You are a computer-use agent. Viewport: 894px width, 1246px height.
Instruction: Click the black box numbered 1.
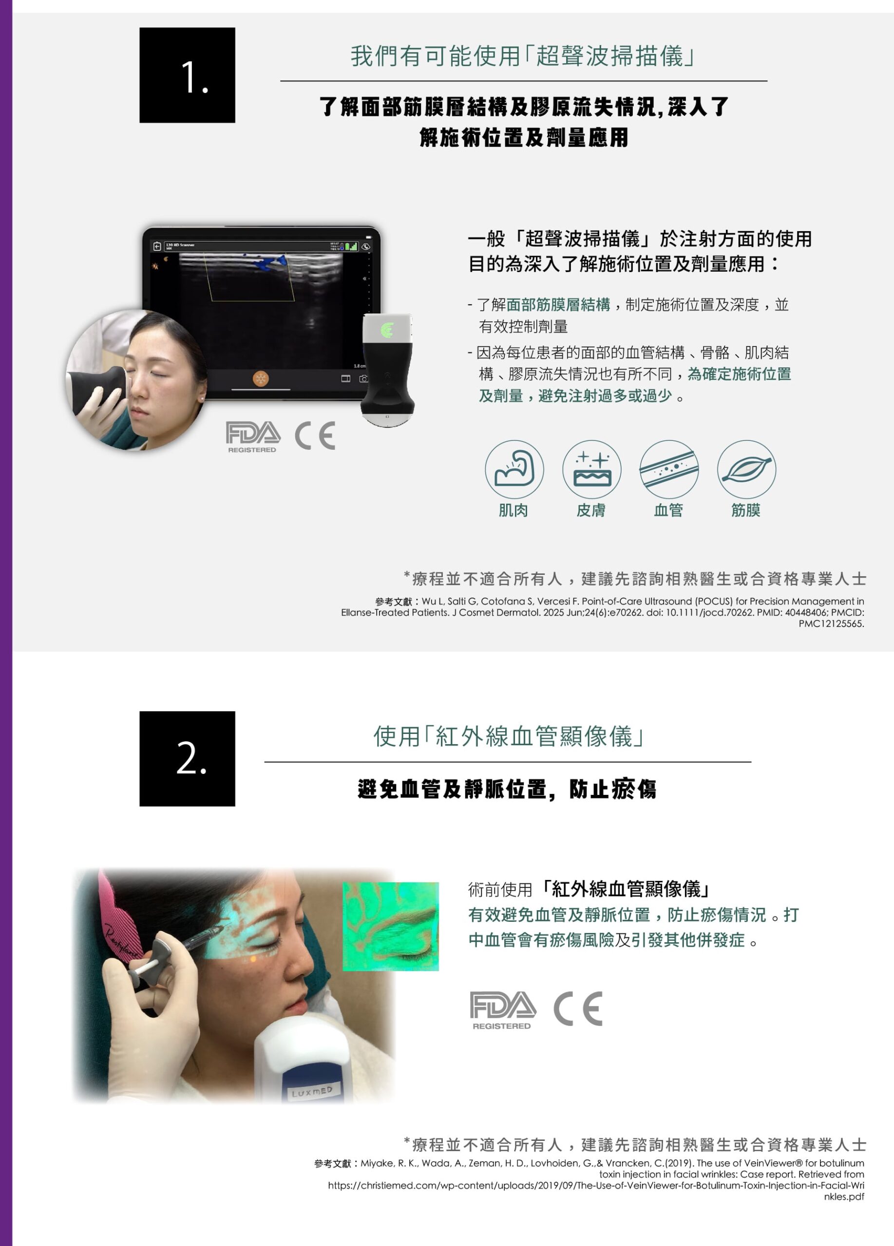187,75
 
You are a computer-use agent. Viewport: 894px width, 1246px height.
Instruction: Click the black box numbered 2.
187,759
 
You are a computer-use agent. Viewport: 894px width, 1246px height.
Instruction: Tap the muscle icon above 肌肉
514,469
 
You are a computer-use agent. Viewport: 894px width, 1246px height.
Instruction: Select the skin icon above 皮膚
591,469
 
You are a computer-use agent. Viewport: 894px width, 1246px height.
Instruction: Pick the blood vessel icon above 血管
668,469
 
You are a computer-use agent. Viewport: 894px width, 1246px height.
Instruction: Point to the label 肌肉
513,511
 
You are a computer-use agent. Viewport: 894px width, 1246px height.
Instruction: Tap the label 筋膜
745,511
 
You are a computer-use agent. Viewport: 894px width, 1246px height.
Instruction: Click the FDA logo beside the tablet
253,437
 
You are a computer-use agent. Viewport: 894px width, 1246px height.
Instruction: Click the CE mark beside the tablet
315,436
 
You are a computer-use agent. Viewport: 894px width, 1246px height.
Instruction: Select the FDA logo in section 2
502,1010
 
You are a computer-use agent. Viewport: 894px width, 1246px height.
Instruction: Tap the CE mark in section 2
578,1008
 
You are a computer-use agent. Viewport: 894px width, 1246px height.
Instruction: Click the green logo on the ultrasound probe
387,330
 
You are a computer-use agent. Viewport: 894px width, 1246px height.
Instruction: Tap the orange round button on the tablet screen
261,379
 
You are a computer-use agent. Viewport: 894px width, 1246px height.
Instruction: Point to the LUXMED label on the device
312,1092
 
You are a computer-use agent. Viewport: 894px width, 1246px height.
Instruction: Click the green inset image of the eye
390,926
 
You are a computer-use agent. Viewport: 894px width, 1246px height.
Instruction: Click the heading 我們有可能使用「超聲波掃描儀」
523,56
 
